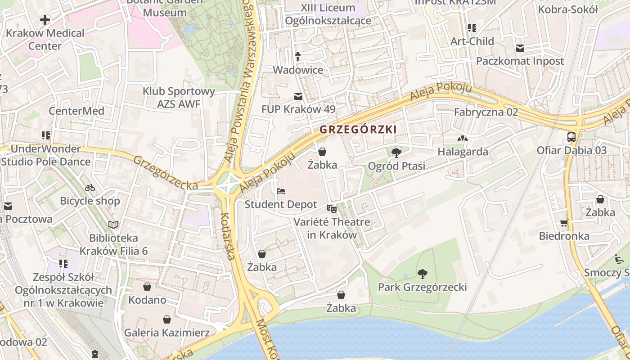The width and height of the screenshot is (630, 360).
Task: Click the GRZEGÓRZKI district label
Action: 358,130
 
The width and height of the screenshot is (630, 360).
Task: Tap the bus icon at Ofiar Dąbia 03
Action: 571,137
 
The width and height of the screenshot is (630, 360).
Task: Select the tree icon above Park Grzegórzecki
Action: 422,274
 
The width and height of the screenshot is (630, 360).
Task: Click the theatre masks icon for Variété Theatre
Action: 332,208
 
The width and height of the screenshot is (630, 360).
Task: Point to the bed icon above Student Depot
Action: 281,191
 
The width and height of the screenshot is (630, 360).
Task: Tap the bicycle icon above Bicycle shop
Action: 90,188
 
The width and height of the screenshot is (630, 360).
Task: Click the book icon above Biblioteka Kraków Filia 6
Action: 113,224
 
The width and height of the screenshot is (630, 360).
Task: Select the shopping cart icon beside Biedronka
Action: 564,223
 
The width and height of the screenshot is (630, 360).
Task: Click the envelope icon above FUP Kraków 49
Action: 298,96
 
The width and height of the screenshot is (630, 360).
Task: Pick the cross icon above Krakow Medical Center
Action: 45,20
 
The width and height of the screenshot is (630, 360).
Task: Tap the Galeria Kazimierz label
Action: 167,333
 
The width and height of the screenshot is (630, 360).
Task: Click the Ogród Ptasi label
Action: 396,166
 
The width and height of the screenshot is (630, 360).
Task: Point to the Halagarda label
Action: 463,152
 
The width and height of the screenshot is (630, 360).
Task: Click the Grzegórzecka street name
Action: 165,173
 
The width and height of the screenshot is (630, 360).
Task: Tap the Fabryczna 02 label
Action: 486,112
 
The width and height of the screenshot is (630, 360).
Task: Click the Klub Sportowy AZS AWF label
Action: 179,98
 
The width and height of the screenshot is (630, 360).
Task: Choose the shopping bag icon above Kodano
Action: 147,287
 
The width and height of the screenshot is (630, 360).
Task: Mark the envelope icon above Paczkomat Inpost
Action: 520,48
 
